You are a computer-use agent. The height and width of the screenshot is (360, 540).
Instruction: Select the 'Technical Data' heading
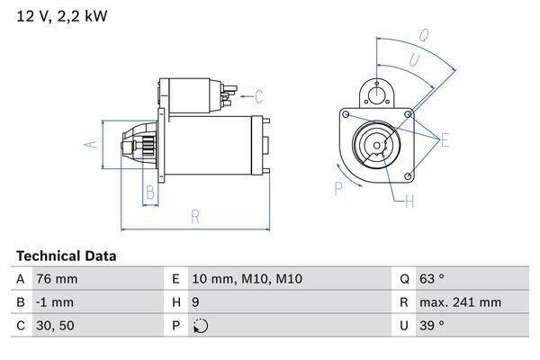(x=66, y=256)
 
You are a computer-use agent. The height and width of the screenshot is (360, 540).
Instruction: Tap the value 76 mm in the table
(x=56, y=280)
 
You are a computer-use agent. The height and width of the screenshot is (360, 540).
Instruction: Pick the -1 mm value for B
(x=55, y=302)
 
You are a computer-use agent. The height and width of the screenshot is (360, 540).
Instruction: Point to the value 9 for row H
(x=196, y=302)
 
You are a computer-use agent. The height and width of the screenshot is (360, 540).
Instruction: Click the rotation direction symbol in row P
(x=199, y=326)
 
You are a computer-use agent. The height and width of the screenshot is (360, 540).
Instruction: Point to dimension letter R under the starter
(x=194, y=216)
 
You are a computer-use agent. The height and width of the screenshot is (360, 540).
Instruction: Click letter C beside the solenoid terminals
(x=257, y=96)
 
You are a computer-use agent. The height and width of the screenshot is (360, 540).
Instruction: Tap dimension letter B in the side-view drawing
(x=151, y=191)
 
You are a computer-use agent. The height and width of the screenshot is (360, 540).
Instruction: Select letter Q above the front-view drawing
(x=423, y=36)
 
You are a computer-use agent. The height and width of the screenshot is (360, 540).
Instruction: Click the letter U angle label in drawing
(x=412, y=59)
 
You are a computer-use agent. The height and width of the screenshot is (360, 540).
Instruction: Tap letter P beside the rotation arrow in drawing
(x=337, y=188)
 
